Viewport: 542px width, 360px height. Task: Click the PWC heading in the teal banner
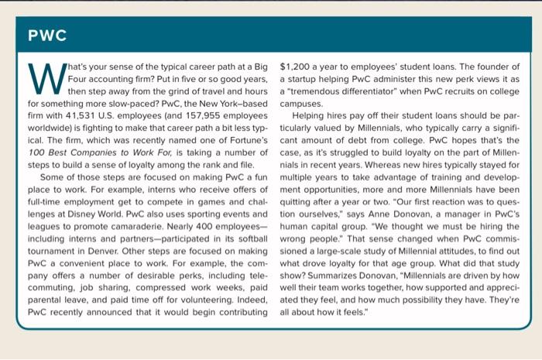(x=47, y=36)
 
